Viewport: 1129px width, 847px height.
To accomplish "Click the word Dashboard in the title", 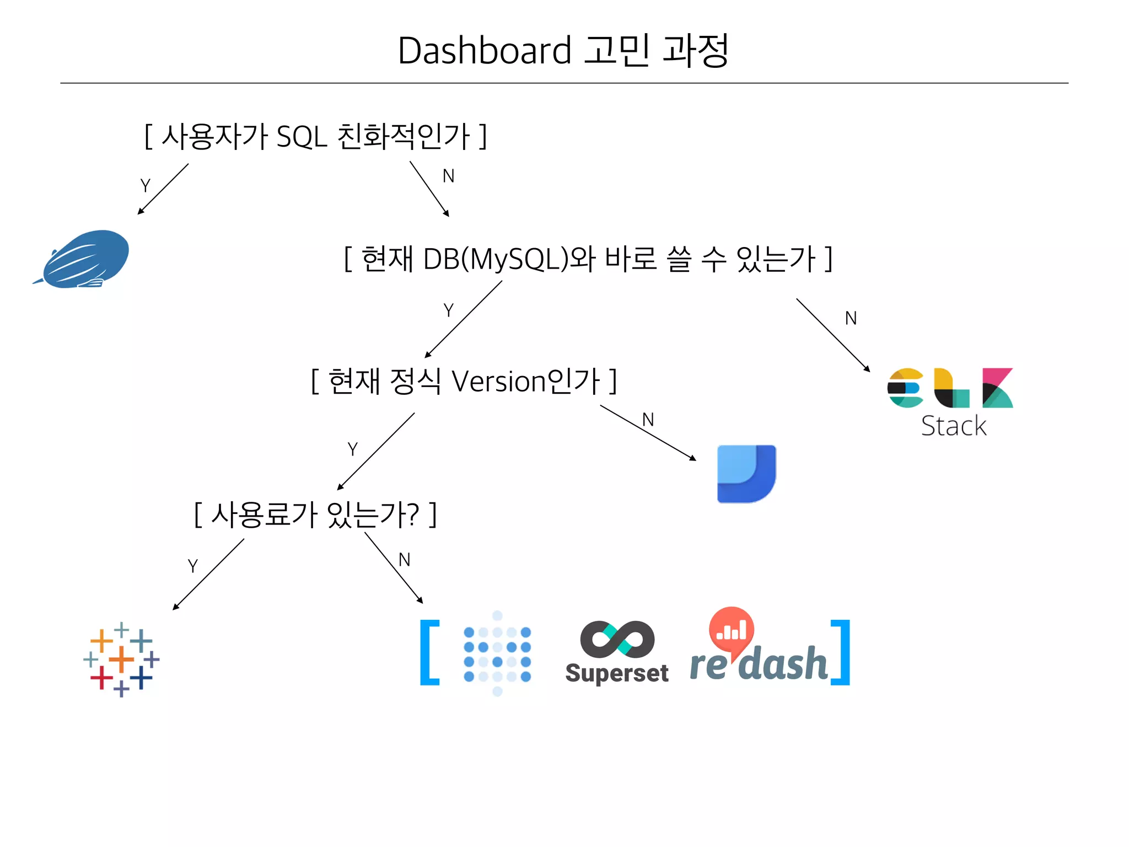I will coord(484,51).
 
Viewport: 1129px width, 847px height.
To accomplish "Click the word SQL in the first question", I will coord(302,136).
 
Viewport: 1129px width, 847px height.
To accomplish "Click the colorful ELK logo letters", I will coord(950,388).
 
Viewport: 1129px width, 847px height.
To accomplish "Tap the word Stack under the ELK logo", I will coord(954,426).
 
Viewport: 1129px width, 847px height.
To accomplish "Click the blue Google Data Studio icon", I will coord(746,474).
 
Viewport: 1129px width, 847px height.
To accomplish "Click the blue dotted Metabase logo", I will coord(497,653).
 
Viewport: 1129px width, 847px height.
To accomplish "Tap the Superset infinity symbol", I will coord(617,639).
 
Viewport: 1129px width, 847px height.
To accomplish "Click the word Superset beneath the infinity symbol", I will coord(617,673).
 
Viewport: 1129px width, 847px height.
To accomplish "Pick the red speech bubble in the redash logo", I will coord(731,629).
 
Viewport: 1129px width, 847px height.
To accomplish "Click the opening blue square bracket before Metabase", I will coord(429,652).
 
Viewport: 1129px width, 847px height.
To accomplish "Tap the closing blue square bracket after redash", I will coord(841,652).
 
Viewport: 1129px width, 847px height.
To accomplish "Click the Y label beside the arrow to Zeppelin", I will coord(146,186).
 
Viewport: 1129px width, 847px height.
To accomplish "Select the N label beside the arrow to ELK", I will coord(851,318).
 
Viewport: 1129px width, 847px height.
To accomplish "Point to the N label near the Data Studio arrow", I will coord(648,420).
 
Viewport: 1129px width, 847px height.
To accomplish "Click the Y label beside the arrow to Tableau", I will coord(192,566).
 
